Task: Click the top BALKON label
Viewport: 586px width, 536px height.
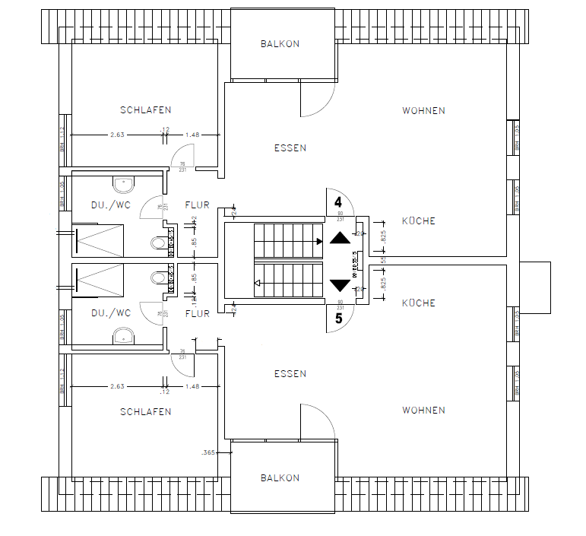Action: click(x=280, y=44)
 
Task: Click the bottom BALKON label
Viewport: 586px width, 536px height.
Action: click(x=280, y=478)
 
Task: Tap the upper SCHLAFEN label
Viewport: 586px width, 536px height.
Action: click(x=145, y=110)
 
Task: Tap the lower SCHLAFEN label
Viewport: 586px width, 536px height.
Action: click(x=145, y=411)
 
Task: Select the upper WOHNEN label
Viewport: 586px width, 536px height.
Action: click(x=423, y=110)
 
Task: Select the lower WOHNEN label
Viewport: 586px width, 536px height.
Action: click(x=423, y=411)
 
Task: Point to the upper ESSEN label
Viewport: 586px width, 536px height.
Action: click(x=290, y=148)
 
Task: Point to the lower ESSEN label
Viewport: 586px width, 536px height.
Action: click(x=290, y=373)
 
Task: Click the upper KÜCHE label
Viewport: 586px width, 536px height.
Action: click(x=418, y=221)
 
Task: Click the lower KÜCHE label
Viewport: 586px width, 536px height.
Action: click(x=418, y=303)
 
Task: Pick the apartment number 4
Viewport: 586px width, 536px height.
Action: click(x=338, y=202)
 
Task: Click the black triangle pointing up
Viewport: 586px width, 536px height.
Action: click(x=340, y=237)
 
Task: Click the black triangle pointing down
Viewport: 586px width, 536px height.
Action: click(x=340, y=286)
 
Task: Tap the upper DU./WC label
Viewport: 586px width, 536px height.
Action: click(x=111, y=205)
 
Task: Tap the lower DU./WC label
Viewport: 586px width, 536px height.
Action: click(x=111, y=312)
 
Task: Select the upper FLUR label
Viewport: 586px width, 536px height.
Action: click(x=197, y=205)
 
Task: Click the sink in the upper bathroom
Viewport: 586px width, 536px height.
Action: click(x=123, y=182)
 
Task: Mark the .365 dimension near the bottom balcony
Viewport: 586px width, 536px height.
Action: click(x=208, y=452)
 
